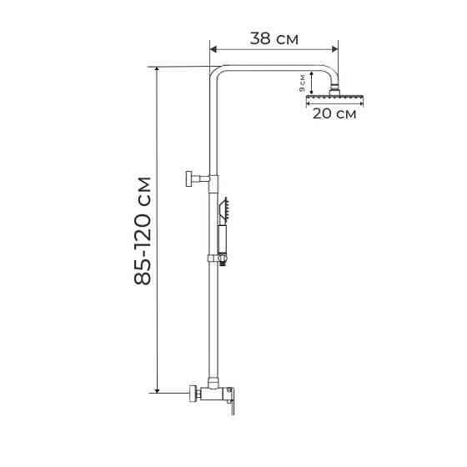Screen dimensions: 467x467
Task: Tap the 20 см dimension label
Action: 334,114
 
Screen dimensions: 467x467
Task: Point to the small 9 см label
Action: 302,82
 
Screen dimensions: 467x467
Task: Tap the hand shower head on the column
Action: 223,207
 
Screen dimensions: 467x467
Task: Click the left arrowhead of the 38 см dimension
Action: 212,48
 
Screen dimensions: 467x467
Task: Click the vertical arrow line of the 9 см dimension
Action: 311,83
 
